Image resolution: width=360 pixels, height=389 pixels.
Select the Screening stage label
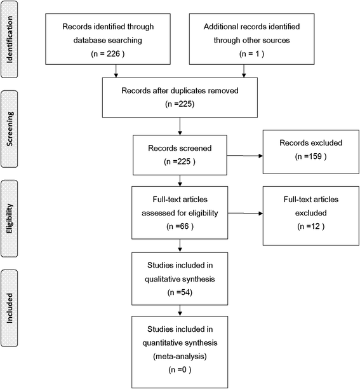click(x=10, y=131)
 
